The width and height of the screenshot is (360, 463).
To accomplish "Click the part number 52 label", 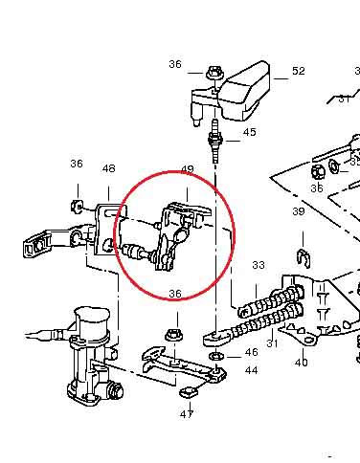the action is point(299,71).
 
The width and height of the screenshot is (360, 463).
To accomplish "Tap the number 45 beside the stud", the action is point(250,132).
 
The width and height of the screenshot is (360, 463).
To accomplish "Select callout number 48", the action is point(109,168).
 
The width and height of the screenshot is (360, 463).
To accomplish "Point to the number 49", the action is point(188,169).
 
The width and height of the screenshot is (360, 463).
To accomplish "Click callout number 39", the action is point(299,211).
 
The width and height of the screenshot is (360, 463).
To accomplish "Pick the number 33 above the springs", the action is point(259,265).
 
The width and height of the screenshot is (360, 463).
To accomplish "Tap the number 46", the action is point(252,352).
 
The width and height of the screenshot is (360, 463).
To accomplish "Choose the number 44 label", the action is point(252,370).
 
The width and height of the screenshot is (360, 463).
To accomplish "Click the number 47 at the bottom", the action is point(187,414).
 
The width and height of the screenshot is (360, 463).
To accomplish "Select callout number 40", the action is point(302,363).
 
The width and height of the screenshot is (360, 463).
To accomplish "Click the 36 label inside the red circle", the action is point(175,294).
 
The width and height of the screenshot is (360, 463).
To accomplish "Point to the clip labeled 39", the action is point(304,257).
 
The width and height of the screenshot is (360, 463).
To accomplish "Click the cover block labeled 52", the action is point(245,91).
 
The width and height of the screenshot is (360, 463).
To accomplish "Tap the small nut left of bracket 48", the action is point(77,206).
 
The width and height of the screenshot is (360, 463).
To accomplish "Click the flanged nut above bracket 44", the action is point(173,335).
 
